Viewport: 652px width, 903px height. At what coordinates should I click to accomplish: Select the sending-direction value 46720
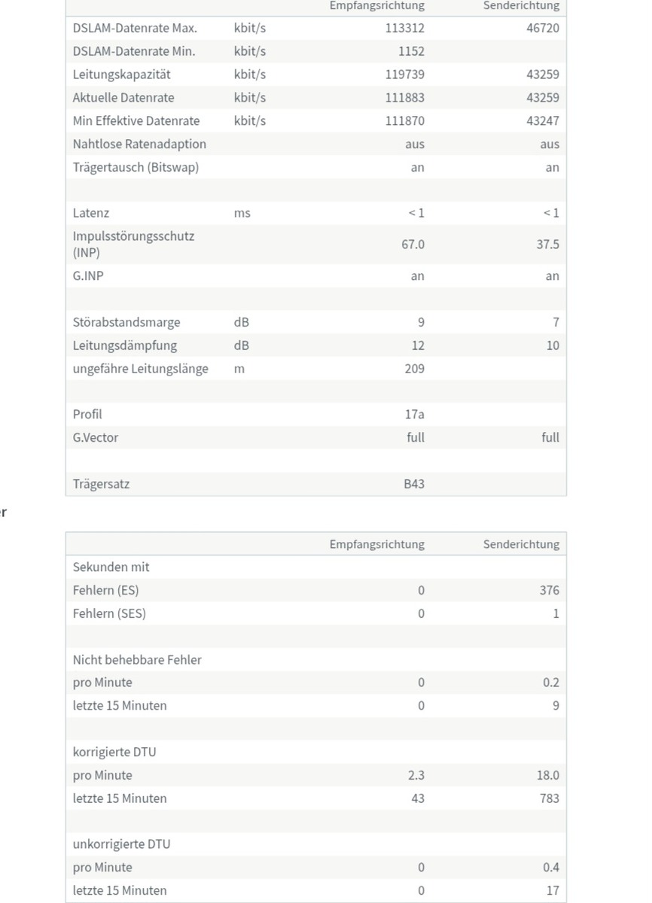542,28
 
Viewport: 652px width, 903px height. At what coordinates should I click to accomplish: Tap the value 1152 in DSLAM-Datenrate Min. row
411,51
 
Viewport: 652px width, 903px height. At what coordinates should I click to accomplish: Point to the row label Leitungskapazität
121,74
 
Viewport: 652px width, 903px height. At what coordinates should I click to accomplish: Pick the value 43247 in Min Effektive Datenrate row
542,120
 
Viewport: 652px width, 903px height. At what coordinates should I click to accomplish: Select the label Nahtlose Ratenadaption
139,144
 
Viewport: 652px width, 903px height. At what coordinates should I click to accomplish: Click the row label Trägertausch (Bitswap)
136,167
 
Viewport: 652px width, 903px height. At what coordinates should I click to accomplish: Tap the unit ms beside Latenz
242,213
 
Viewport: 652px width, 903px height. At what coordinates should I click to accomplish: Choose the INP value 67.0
413,245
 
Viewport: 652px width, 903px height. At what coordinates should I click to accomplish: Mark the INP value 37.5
547,245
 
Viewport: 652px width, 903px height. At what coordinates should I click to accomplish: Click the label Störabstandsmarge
126,322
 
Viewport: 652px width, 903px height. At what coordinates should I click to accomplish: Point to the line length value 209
414,369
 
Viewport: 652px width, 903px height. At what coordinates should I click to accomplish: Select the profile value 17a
415,414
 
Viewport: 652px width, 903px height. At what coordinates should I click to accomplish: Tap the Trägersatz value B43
413,484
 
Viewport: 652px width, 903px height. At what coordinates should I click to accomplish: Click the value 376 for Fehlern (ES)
549,590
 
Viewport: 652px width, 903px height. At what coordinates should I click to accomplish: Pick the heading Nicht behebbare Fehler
137,659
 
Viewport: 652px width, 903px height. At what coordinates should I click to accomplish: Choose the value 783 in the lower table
549,798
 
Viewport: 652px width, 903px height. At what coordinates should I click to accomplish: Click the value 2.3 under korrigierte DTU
416,775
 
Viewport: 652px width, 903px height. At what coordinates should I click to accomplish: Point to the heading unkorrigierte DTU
121,844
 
